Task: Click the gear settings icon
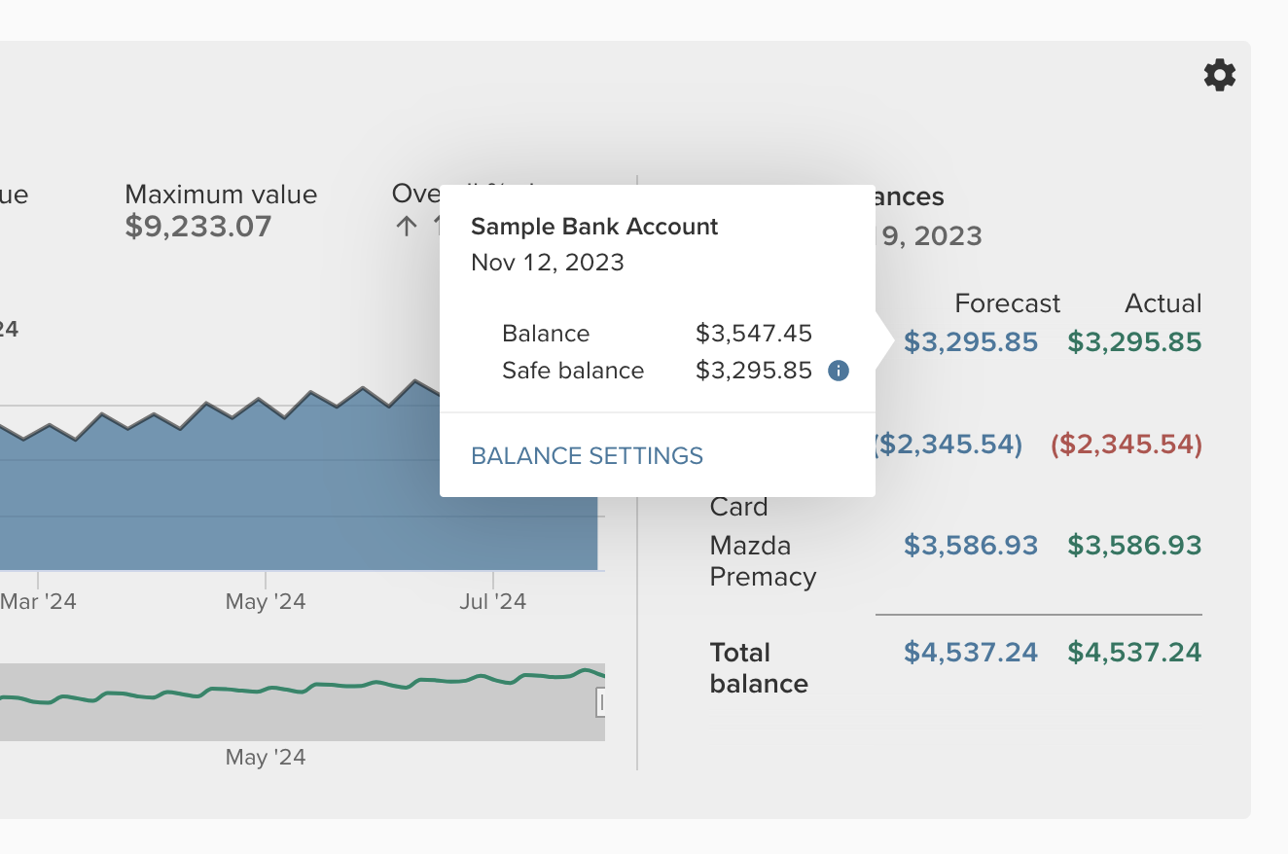[x=1220, y=75]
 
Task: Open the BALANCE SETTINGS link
[x=587, y=455]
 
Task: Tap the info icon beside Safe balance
[x=838, y=371]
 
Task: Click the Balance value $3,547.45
[x=753, y=334]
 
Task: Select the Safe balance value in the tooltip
[x=753, y=371]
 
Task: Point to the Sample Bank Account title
[x=593, y=227]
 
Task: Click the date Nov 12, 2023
[x=547, y=262]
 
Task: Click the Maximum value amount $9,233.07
[x=198, y=227]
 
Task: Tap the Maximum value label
[x=221, y=195]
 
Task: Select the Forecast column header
[x=1007, y=303]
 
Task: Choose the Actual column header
[x=1163, y=303]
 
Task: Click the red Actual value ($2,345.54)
[x=1127, y=445]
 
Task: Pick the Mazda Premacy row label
[x=763, y=560]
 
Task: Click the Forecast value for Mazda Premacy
[x=971, y=545]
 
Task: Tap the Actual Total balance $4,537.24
[x=1134, y=652]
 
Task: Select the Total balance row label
[x=759, y=667]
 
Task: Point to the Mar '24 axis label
[x=38, y=601]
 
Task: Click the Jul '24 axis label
[x=492, y=601]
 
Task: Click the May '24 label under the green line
[x=266, y=757]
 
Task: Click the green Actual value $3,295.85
[x=1134, y=342]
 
